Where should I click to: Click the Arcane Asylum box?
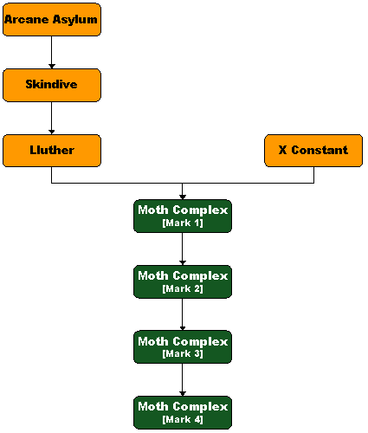tap(52, 20)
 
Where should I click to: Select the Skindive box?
tap(52, 85)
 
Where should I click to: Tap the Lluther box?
tap(52, 151)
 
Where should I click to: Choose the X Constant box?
tap(313, 151)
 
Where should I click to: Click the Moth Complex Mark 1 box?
tap(183, 216)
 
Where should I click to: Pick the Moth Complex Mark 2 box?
tap(183, 281)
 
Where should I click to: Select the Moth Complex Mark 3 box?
tap(183, 346)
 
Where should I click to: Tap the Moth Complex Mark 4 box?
tap(183, 412)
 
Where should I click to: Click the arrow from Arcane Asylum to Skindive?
tap(52, 52)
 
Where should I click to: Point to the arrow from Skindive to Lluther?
tap(52, 118)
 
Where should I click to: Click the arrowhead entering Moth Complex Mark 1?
tap(183, 197)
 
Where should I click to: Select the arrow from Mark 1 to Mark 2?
tap(183, 249)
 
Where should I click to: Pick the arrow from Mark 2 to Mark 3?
tap(183, 314)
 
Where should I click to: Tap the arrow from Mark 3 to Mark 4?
tap(183, 379)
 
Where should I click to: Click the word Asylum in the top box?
tap(75, 20)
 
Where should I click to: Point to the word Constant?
tap(320, 150)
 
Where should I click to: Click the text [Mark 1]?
tap(183, 223)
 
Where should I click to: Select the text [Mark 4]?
tap(183, 419)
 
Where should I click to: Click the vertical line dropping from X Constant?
tap(313, 175)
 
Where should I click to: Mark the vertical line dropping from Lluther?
tap(52, 175)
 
